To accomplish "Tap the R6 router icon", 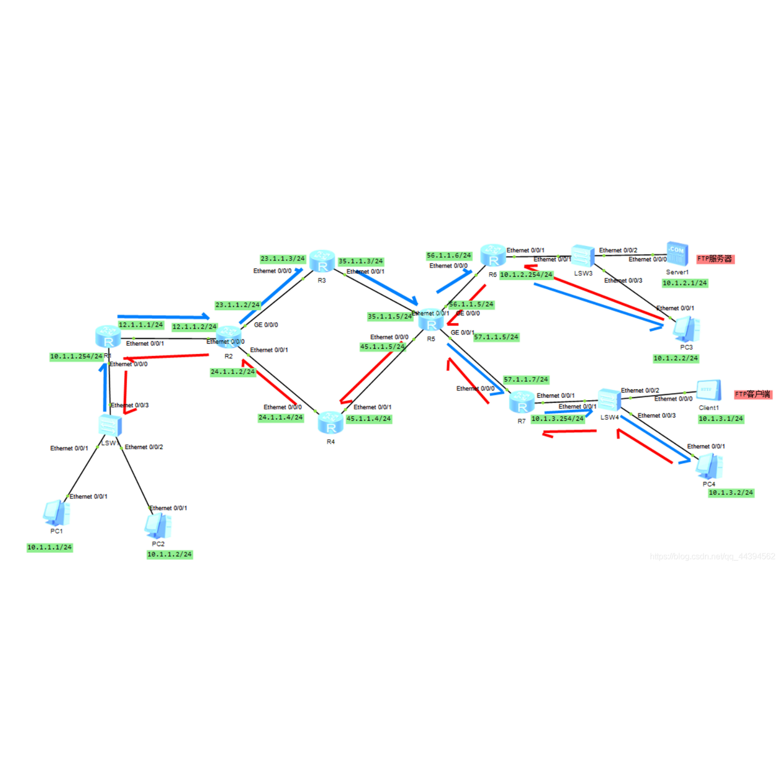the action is pos(493,255).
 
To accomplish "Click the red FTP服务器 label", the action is pos(715,259).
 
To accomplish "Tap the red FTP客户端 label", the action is pos(753,395).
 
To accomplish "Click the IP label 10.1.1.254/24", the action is pos(76,357).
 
